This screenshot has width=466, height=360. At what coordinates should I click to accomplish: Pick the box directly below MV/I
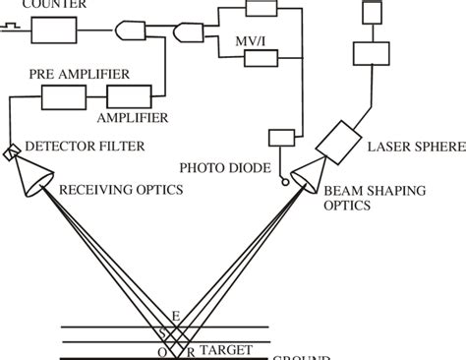pyautogui.click(x=261, y=58)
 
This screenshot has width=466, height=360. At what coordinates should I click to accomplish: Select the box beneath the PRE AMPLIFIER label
pyautogui.click(x=67, y=96)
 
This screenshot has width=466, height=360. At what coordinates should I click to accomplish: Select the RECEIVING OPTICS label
pyautogui.click(x=122, y=189)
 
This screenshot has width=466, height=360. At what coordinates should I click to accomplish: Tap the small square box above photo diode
pyautogui.click(x=280, y=138)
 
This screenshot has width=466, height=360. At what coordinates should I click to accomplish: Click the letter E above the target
pyautogui.click(x=177, y=316)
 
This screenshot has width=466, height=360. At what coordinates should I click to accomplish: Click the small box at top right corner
pyautogui.click(x=374, y=12)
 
